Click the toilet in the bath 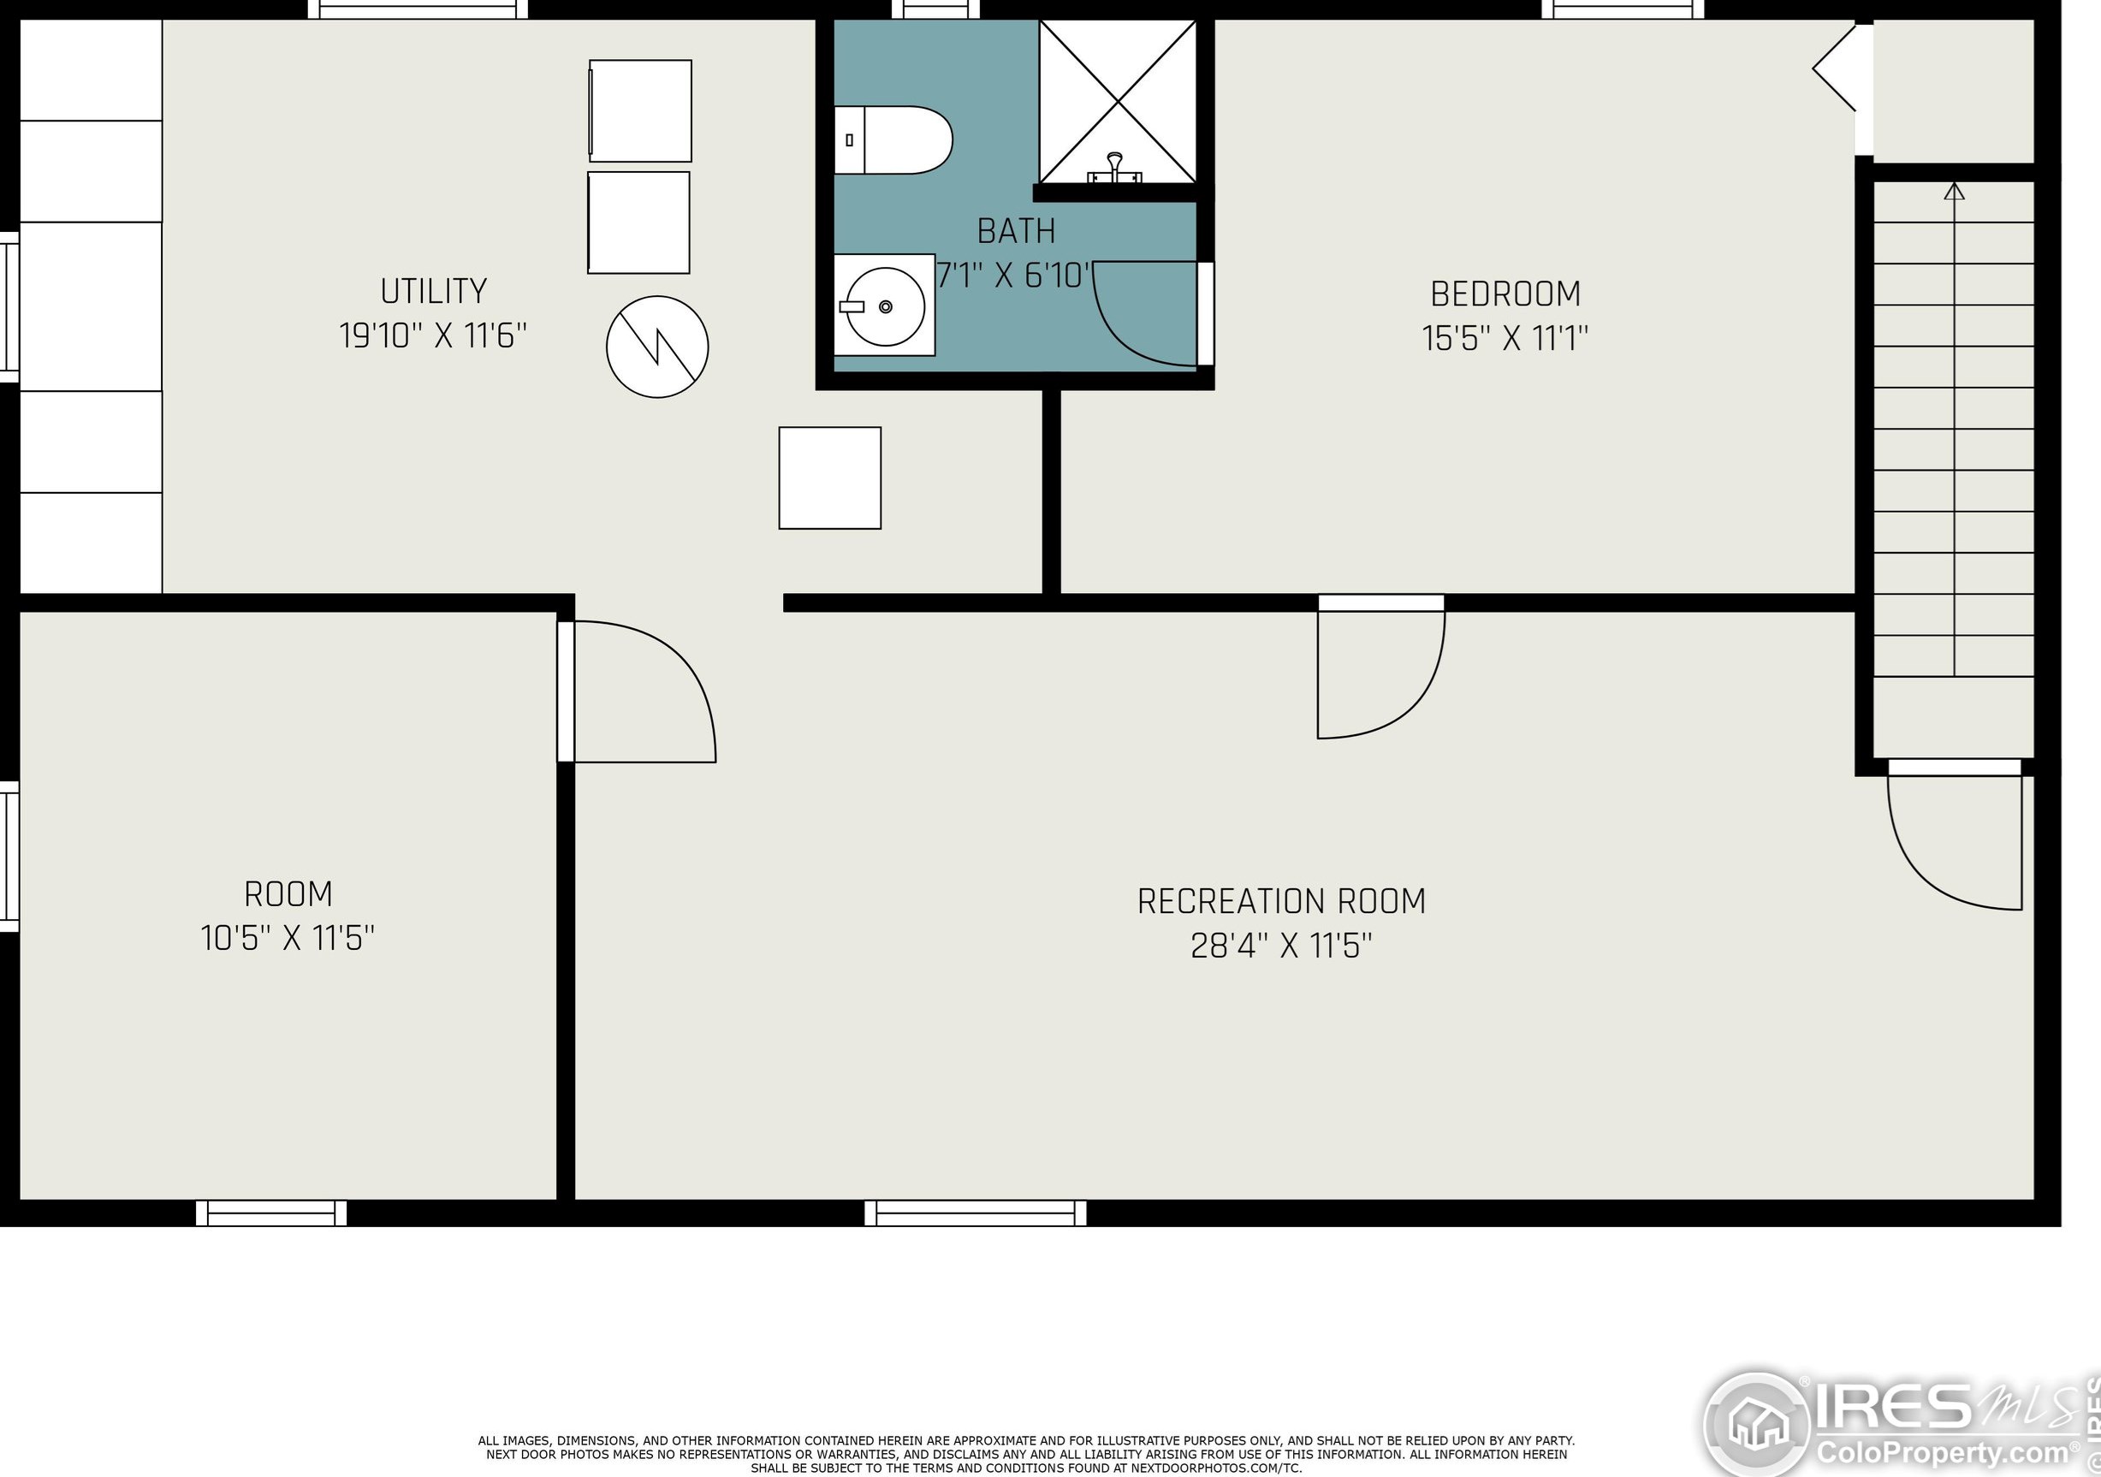point(893,140)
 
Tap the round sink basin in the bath point(886,306)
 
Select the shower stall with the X point(1118,102)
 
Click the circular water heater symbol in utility point(657,347)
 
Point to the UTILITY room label point(434,291)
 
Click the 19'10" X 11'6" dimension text point(434,335)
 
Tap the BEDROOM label point(1505,294)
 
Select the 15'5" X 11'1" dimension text point(1505,339)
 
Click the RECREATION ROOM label point(1281,901)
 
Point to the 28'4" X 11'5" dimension point(1281,946)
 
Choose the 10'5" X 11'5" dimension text point(288,938)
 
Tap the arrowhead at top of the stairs point(1955,192)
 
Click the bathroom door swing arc point(1121,341)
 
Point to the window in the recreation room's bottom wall point(976,1213)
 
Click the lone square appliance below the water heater point(830,478)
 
